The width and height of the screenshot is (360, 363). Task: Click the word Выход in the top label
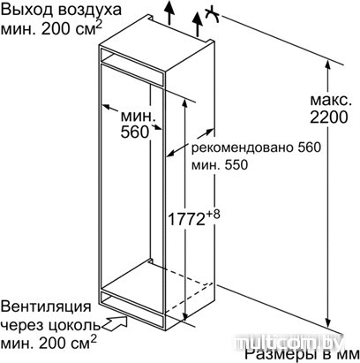click(26, 10)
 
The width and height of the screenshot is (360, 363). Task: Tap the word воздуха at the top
click(89, 11)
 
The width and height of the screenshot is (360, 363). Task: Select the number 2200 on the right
click(329, 117)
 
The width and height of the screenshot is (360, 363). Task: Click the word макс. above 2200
click(331, 101)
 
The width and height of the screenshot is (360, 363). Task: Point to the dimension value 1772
click(186, 219)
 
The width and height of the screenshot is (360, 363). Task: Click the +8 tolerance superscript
click(213, 215)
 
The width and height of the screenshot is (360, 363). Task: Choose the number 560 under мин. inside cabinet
click(135, 132)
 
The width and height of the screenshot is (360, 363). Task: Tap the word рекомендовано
click(242, 147)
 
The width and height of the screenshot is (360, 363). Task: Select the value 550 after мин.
click(236, 165)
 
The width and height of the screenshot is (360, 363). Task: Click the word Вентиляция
click(46, 307)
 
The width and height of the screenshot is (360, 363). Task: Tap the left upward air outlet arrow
click(169, 12)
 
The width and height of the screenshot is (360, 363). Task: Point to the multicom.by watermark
click(289, 343)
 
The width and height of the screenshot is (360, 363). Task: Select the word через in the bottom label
click(19, 326)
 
